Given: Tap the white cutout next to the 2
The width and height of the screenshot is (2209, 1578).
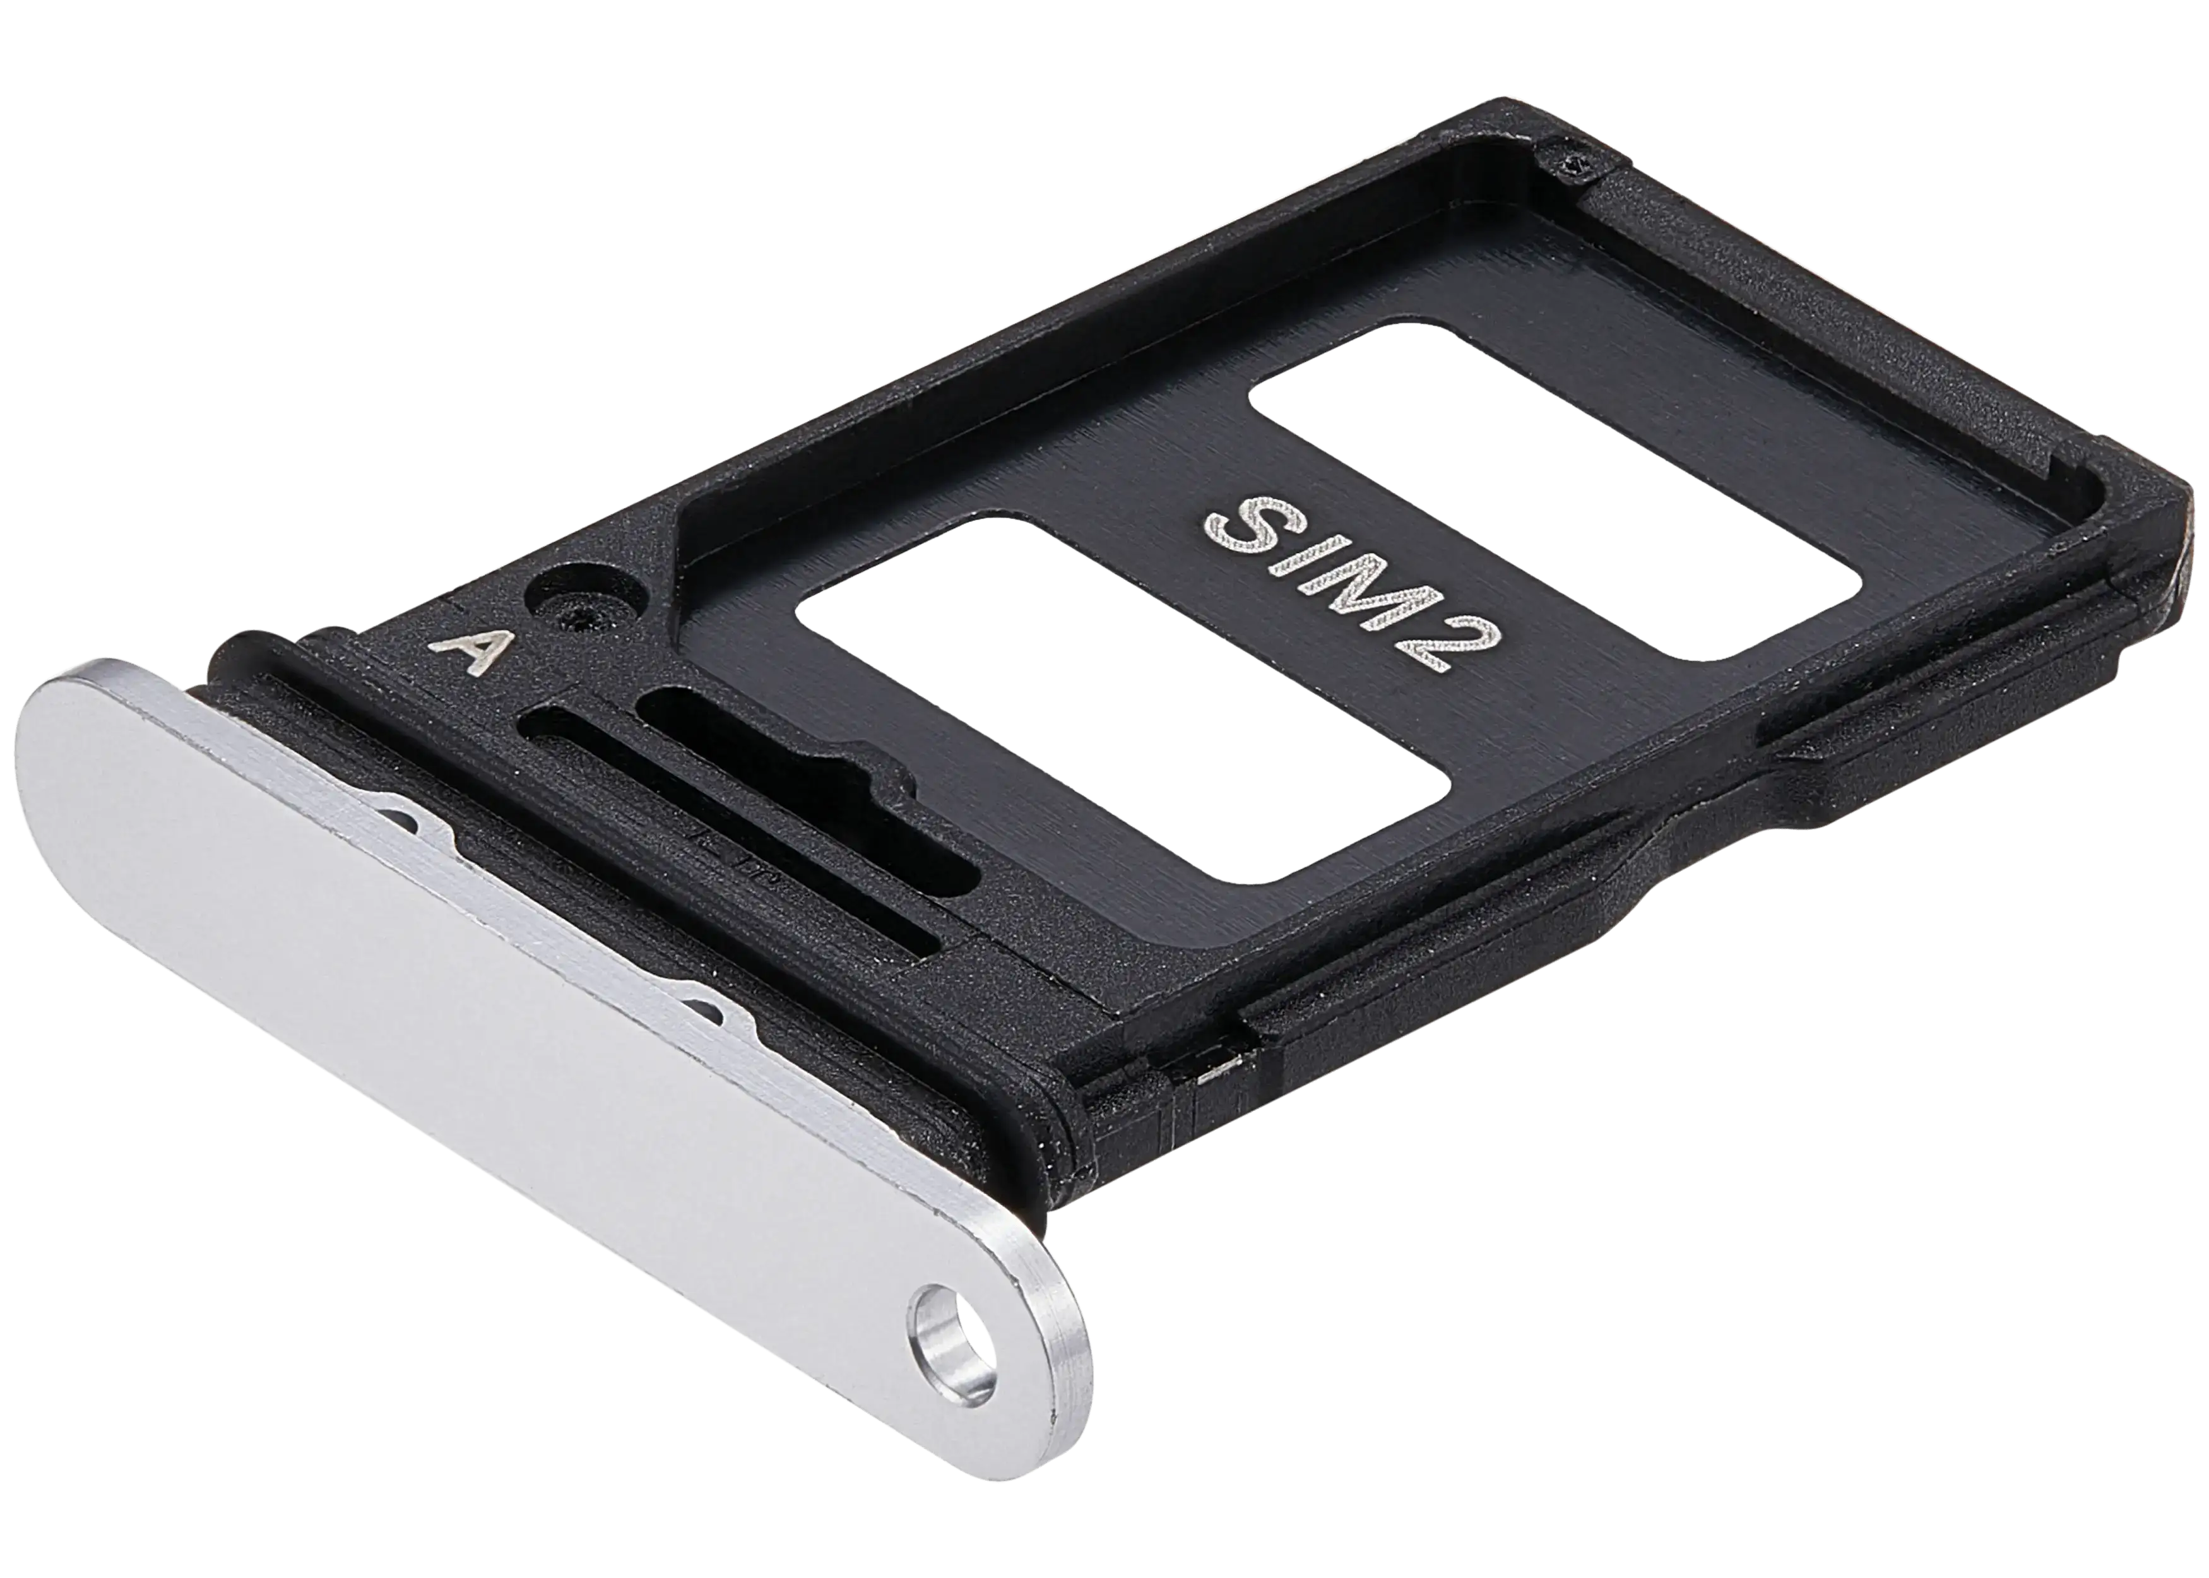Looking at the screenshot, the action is click(x=1123, y=699).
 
